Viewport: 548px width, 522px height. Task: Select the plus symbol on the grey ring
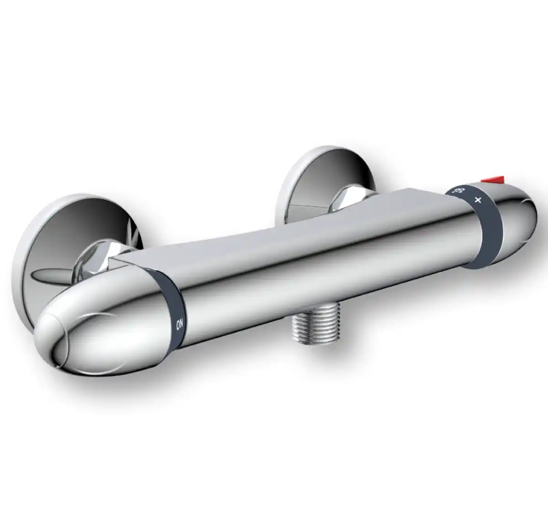pos(479,200)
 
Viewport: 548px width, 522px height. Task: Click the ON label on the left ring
pos(179,325)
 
